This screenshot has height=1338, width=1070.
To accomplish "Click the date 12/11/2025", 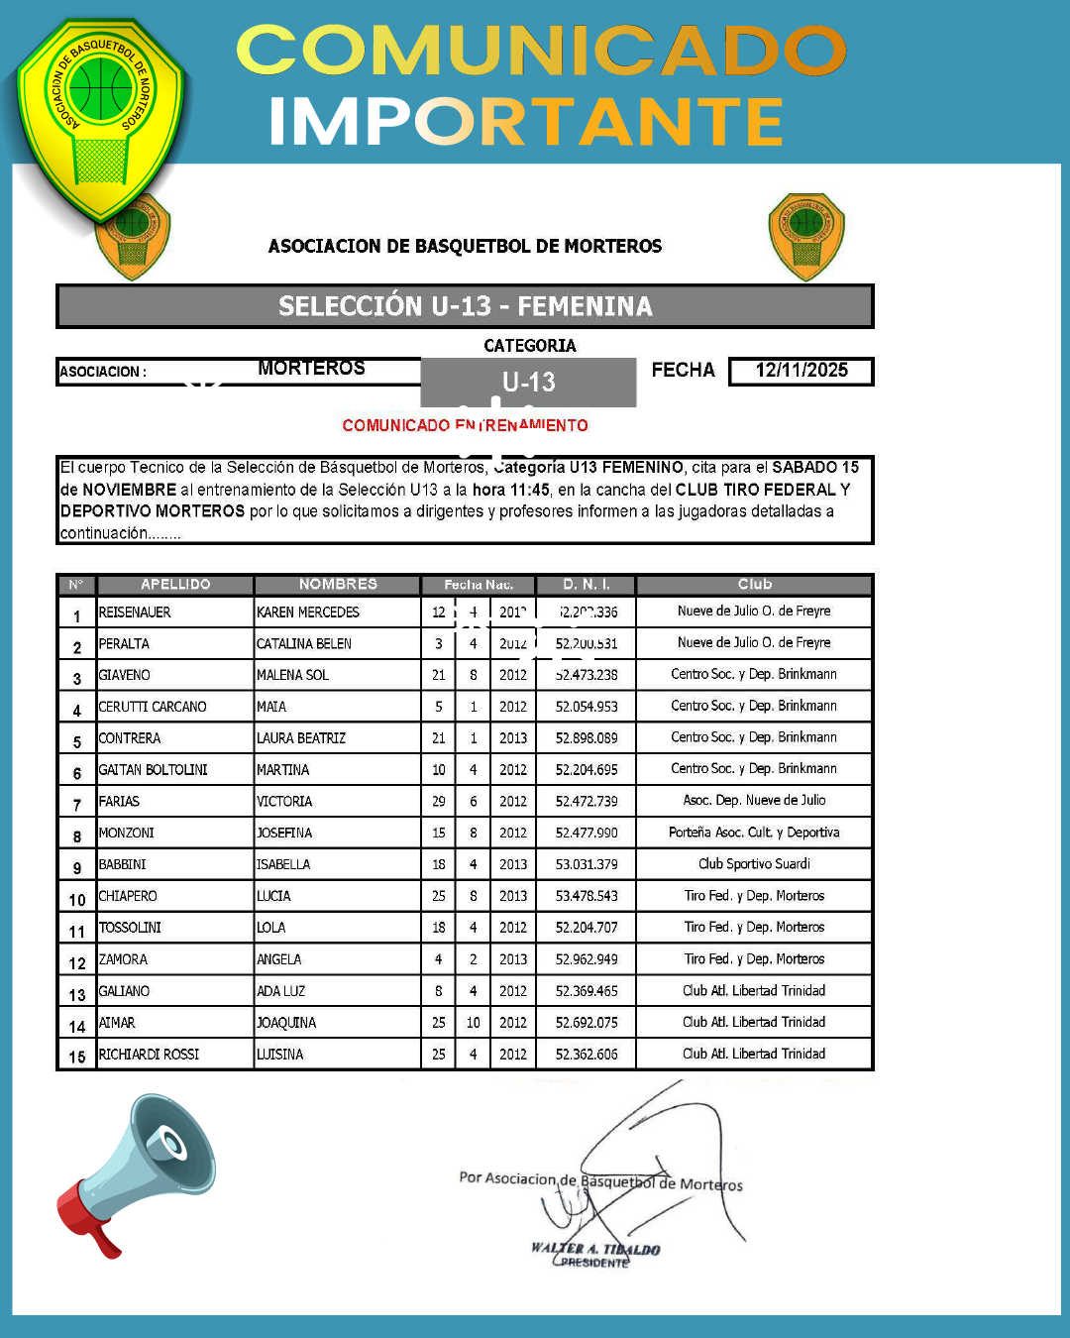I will click(802, 371).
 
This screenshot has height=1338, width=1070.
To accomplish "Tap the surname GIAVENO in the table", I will click(125, 675).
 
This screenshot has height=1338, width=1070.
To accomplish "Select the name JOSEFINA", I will click(284, 833).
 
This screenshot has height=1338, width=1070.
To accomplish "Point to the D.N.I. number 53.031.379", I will click(587, 864).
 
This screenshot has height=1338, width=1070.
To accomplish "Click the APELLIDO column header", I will click(175, 585).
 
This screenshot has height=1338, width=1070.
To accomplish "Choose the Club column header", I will click(754, 585).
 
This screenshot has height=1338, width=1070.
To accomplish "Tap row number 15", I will click(77, 1057).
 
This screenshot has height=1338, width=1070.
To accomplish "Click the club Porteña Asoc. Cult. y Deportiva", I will click(754, 833).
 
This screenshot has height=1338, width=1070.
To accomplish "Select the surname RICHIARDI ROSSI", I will click(150, 1055).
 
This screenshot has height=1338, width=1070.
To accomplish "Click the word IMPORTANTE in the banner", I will click(526, 122).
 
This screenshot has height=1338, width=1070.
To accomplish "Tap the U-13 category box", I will click(528, 382).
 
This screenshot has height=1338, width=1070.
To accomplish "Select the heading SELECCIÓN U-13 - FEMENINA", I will click(465, 306).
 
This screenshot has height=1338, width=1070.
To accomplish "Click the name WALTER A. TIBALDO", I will click(595, 1249).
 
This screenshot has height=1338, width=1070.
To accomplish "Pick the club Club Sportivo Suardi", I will click(754, 864).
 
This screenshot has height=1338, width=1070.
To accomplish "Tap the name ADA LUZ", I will click(281, 991).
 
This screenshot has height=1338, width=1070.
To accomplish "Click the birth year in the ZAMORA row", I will click(513, 959).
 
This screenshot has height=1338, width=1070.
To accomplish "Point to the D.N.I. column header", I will click(587, 585).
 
